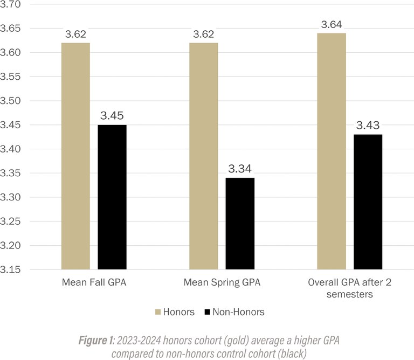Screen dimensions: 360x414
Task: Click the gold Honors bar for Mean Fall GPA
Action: (x=75, y=156)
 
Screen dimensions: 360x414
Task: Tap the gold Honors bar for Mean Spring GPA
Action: (x=204, y=156)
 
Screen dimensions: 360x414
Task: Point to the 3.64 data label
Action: (x=331, y=25)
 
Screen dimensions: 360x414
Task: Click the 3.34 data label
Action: (x=240, y=169)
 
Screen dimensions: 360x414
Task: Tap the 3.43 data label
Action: (x=368, y=126)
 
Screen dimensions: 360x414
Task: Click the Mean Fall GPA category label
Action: (x=94, y=282)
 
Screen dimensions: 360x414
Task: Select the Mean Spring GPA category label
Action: (x=222, y=282)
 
